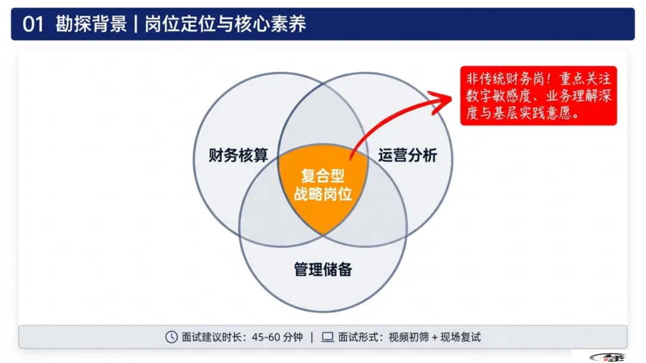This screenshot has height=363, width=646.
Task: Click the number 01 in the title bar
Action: pos(33,24)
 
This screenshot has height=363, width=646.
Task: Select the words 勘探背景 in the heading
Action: pos(91,24)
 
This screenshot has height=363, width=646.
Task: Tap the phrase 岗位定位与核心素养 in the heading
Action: pos(226,24)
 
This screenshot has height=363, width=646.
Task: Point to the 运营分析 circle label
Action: pos(407,156)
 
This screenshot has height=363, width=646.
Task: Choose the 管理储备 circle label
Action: pos(323,269)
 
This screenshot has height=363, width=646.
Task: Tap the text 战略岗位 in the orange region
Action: pos(323,194)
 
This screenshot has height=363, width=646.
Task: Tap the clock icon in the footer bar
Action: pos(171,337)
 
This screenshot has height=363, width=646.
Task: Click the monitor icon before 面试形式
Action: pos(328,337)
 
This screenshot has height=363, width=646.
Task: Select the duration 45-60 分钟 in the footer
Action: pos(278,337)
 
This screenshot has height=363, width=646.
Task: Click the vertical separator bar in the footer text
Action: pos(312,337)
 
